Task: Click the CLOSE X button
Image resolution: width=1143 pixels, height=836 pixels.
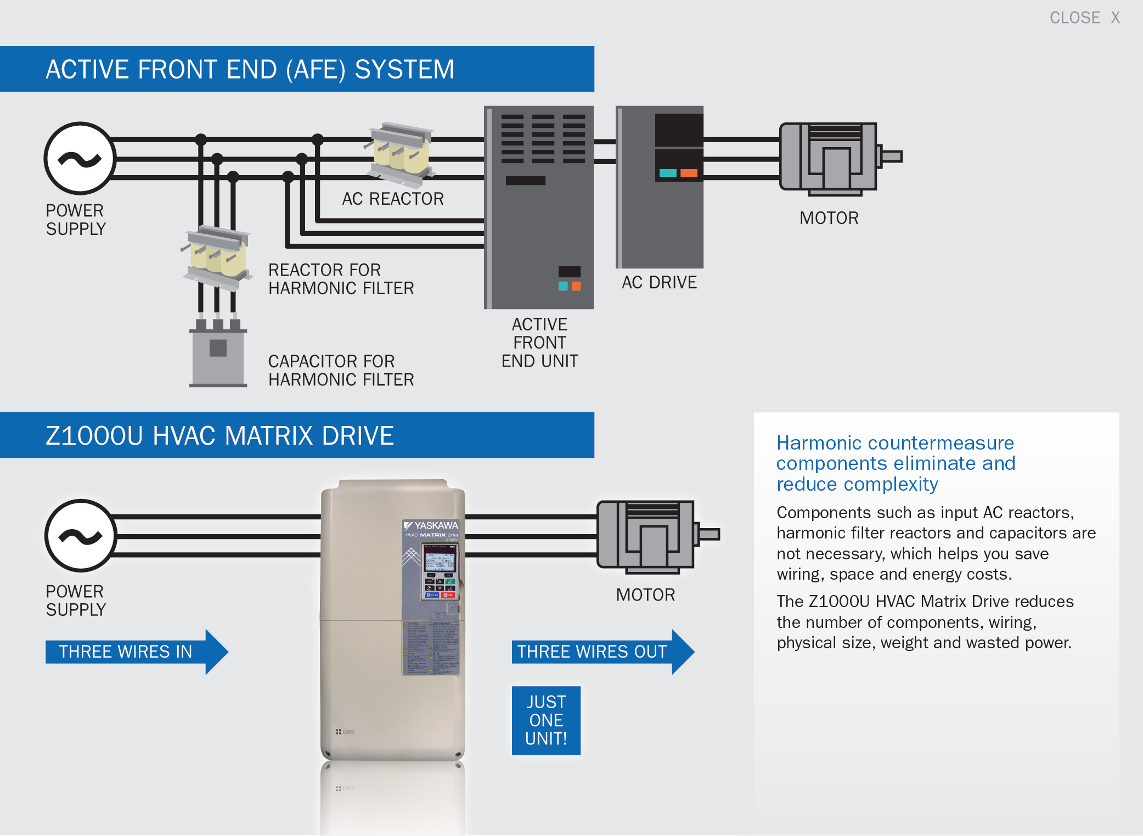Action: (1084, 18)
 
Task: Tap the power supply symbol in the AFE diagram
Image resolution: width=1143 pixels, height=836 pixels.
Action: (80, 158)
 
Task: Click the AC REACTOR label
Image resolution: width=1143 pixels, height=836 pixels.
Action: (392, 199)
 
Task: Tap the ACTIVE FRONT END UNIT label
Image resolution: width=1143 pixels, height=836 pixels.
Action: (539, 343)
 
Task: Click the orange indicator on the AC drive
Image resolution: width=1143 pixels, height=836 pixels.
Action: (689, 173)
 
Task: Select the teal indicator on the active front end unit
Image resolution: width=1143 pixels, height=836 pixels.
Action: (562, 286)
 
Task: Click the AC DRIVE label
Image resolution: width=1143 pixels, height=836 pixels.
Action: (659, 282)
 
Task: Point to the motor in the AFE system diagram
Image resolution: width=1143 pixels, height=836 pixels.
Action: (829, 158)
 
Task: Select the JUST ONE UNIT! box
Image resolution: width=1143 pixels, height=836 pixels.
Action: (546, 720)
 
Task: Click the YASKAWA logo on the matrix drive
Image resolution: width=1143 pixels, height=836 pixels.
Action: (431, 525)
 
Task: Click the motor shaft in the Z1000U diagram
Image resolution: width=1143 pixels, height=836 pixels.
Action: (708, 534)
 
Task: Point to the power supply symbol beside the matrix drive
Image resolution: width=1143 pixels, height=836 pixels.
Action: (81, 536)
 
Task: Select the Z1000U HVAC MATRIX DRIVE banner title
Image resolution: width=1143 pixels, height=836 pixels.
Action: (219, 436)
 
